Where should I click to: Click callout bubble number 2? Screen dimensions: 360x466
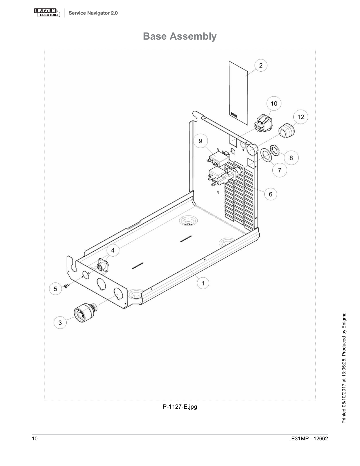260,65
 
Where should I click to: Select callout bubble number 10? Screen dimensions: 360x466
274,103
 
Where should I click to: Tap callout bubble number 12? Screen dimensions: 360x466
301,117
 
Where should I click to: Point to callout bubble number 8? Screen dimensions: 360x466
291,158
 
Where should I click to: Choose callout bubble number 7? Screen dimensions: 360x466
280,170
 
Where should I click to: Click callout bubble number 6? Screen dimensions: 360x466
270,194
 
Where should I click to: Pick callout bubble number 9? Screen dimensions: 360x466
201,141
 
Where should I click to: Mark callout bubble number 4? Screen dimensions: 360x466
113,250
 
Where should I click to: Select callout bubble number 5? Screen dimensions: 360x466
55,289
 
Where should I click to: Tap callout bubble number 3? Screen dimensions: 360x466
60,322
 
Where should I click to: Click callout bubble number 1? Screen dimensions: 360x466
203,283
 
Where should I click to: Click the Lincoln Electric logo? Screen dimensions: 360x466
47,13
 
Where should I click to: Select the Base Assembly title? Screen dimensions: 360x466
180,36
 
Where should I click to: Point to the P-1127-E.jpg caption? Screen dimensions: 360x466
180,407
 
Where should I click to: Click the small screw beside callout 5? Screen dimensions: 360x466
66,286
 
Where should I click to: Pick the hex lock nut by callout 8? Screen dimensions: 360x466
274,150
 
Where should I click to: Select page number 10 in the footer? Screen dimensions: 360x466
35,439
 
